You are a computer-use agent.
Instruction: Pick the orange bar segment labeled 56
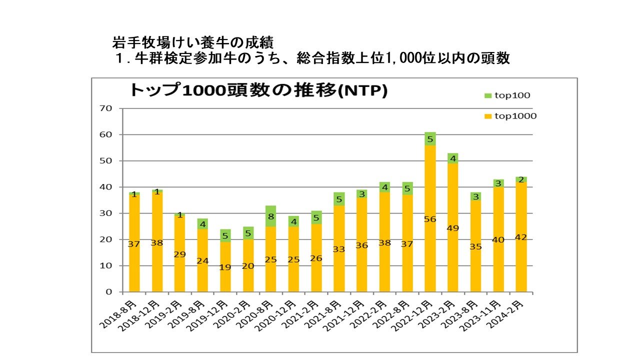click(430, 218)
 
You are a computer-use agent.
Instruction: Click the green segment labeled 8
click(270, 216)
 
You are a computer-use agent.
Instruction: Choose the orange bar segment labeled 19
click(225, 267)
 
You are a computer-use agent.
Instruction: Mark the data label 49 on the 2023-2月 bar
click(452, 228)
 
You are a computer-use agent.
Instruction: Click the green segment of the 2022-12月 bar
click(430, 139)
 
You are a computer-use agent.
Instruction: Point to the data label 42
click(521, 237)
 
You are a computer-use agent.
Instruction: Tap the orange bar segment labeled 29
click(179, 253)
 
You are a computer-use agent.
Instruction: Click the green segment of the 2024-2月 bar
click(521, 179)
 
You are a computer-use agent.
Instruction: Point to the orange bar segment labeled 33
click(338, 248)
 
